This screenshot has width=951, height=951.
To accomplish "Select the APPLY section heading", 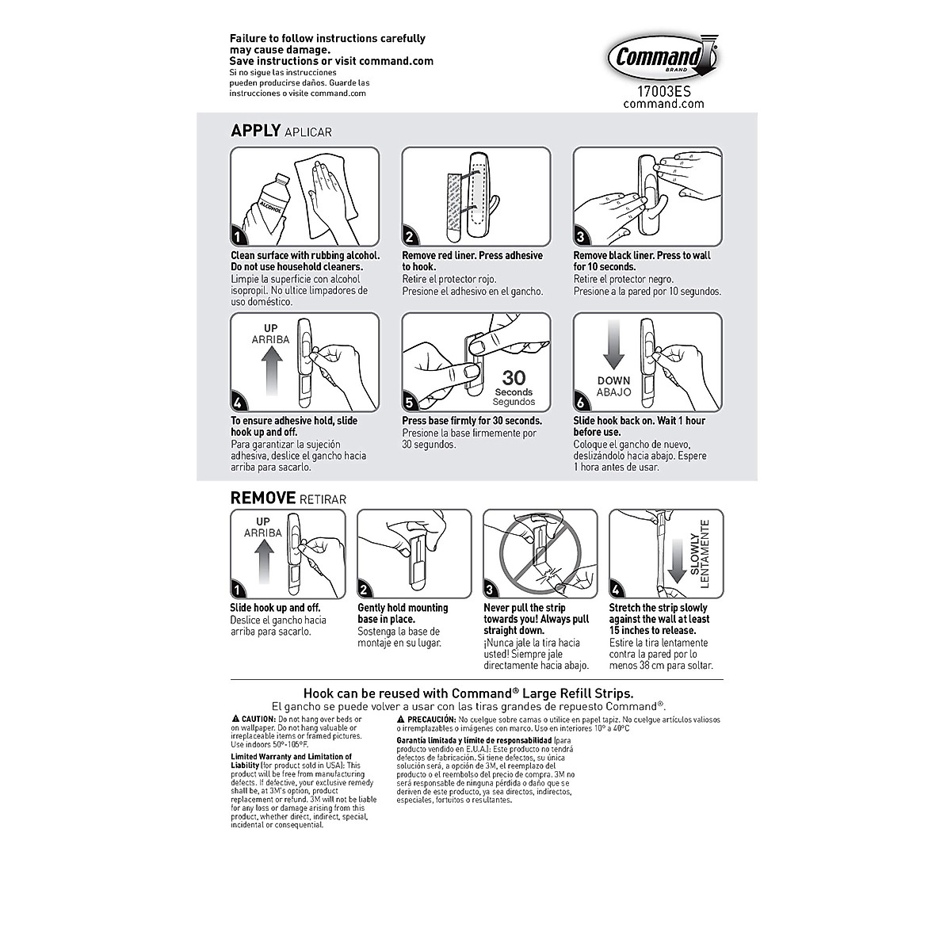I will point(255,131).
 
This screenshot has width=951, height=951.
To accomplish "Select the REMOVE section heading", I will point(263,498).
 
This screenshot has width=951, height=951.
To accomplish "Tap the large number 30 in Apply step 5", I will point(514,379).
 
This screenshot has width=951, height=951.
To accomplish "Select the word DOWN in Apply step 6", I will point(614,381).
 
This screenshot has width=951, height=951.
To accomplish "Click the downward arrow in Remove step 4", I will point(675,560).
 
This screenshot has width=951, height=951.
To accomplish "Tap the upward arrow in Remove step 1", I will point(262,566).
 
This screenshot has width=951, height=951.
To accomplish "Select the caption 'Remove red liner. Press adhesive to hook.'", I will point(472,262).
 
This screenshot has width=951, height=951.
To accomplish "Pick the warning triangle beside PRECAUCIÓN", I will point(401,718).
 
